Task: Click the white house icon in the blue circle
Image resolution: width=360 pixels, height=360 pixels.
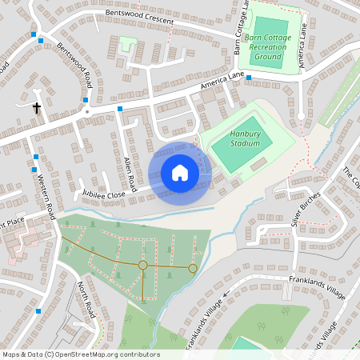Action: pos(180,172)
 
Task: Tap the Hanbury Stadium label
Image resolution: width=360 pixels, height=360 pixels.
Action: pos(246,138)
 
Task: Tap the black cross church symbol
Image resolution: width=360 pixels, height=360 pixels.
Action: pos(36,106)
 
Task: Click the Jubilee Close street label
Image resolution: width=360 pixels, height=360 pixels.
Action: pos(104,194)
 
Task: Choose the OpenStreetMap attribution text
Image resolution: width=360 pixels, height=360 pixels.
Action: pos(81,354)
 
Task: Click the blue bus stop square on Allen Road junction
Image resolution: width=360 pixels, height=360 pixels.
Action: pos(120,108)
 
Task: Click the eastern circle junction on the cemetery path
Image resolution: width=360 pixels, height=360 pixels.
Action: pos(193,268)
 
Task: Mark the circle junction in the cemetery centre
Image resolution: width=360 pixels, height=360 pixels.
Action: pos(142,265)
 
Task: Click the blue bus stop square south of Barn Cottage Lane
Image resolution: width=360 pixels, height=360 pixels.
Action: pos(249,78)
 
